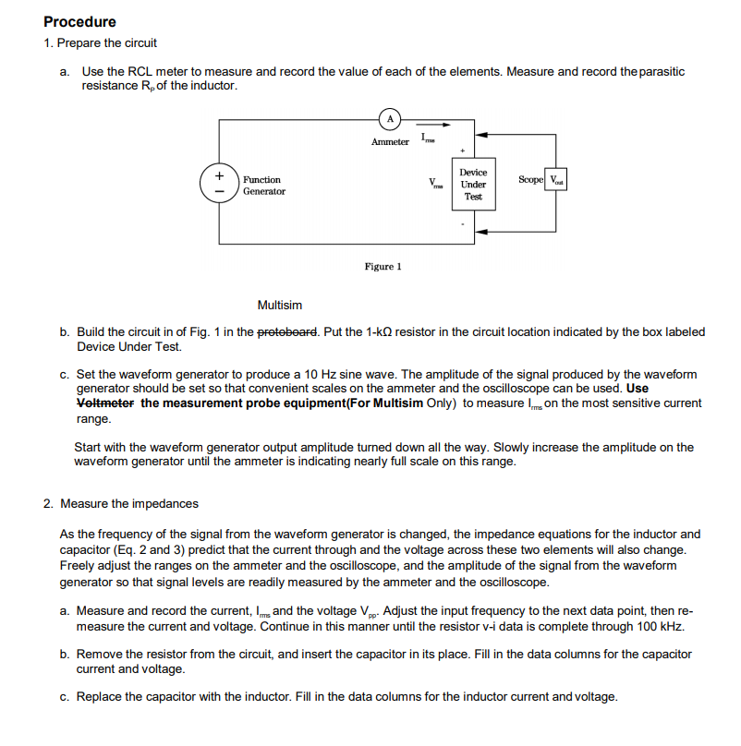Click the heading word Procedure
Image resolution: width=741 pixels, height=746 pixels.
pos(79,22)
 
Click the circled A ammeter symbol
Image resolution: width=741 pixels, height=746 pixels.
pos(391,118)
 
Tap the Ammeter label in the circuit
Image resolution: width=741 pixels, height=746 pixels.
pos(390,141)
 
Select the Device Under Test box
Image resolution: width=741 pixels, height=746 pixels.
pos(473,185)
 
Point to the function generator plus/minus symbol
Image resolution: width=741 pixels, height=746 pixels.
pos(219,181)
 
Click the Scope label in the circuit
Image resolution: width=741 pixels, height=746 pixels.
pos(531,179)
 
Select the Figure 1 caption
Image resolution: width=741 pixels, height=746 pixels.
pos(383,267)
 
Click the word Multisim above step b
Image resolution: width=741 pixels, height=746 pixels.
pos(279,306)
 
